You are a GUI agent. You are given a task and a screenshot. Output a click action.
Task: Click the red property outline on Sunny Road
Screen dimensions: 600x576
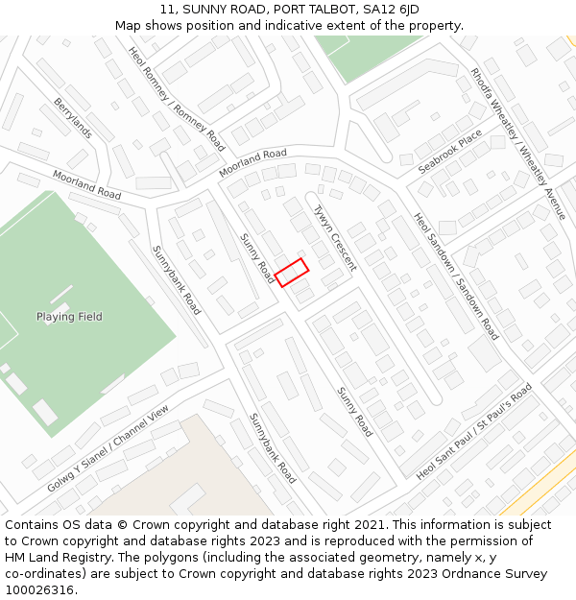coord(291,272)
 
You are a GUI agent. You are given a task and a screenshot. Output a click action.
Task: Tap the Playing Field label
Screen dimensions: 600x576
coord(69,317)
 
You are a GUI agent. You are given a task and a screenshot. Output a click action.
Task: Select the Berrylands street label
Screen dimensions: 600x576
coord(73,118)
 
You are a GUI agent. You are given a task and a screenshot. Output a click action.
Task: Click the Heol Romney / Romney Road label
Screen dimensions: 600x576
coord(177,100)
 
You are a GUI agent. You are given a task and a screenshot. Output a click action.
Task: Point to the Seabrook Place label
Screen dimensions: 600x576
coord(450,152)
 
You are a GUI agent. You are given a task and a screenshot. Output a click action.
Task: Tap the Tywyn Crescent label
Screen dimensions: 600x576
coord(335,238)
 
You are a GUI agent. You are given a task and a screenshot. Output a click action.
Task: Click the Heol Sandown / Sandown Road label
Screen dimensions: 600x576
coord(456,276)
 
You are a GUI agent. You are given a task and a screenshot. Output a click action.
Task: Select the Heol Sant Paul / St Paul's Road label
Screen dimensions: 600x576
coord(474,433)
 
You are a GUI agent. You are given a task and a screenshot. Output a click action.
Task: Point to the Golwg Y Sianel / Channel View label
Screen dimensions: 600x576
coord(108,449)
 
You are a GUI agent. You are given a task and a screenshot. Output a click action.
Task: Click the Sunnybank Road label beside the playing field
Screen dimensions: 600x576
coord(177,279)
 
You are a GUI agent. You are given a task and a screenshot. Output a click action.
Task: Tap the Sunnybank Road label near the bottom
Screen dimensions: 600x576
coord(273,447)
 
